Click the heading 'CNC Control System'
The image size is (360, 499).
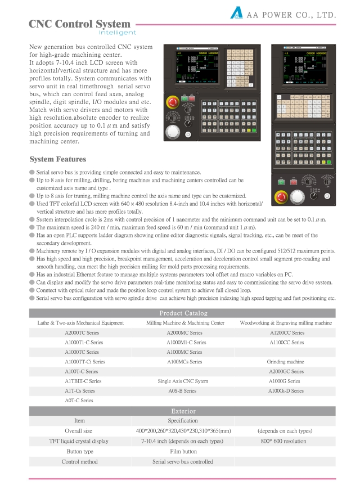[x=79, y=24]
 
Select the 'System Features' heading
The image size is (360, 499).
[x=57, y=159]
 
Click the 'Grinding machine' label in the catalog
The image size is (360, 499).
[x=286, y=362]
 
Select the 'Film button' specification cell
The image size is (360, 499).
[x=183, y=451]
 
